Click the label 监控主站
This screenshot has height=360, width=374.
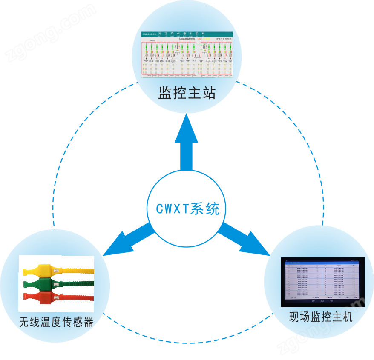187,93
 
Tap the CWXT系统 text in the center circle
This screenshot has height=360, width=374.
187,209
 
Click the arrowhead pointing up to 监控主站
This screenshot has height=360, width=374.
187,128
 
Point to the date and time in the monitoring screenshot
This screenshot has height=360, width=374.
223,39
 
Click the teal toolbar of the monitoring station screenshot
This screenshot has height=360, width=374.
187,34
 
